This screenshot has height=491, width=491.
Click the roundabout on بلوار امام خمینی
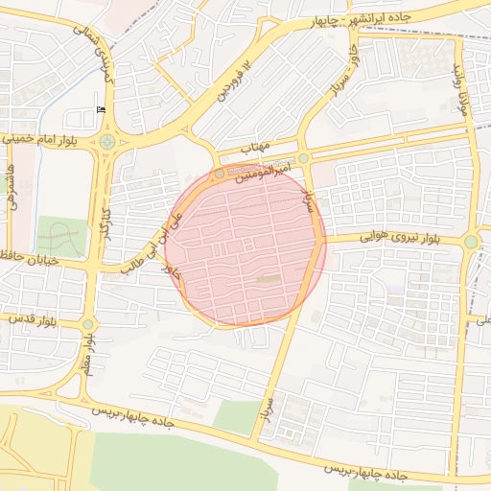point(106,142)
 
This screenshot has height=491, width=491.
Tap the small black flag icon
point(102,110)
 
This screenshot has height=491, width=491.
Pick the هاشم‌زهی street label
point(12,186)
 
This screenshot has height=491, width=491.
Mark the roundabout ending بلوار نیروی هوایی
point(470,242)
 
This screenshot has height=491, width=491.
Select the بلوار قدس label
point(31,319)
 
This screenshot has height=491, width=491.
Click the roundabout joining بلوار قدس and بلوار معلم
point(88,324)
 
